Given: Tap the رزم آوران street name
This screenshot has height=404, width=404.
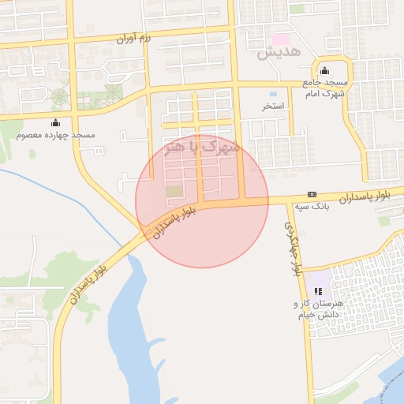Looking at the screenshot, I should point(133,37).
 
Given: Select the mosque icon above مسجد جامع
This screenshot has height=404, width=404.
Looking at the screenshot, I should point(324,71).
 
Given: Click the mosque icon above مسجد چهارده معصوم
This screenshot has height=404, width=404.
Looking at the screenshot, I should point(55,122).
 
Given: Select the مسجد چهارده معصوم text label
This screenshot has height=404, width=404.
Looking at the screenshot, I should point(55,135).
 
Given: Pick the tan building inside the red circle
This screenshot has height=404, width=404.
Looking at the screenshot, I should point(174,192).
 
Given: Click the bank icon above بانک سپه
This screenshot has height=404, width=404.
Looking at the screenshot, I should point(312,194).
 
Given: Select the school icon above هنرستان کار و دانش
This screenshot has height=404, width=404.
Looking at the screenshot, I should point(319,291).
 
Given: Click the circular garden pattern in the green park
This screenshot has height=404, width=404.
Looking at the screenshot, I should point(60,98).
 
